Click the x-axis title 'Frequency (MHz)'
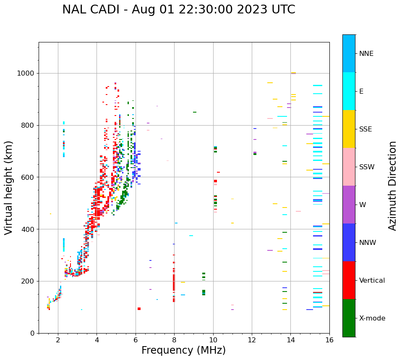pyautogui.click(x=183, y=350)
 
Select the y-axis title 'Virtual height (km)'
pyautogui.click(x=9, y=187)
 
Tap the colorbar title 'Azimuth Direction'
pyautogui.click(x=392, y=185)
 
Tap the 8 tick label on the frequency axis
pyautogui.click(x=174, y=340)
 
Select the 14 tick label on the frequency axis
pyautogui.click(x=291, y=340)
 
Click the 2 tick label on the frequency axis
pyautogui.click(x=58, y=340)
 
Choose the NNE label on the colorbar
pyautogui.click(x=366, y=54)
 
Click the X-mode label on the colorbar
pyautogui.click(x=372, y=318)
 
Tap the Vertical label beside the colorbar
pyautogui.click(x=372, y=281)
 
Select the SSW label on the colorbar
pyautogui.click(x=366, y=167)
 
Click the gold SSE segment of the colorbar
pyautogui.click(x=349, y=129)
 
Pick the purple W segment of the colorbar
pyautogui.click(x=349, y=205)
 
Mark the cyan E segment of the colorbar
pyautogui.click(x=349, y=91)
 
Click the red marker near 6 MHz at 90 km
pyautogui.click(x=139, y=309)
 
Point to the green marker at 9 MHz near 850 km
pyautogui.click(x=195, y=112)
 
